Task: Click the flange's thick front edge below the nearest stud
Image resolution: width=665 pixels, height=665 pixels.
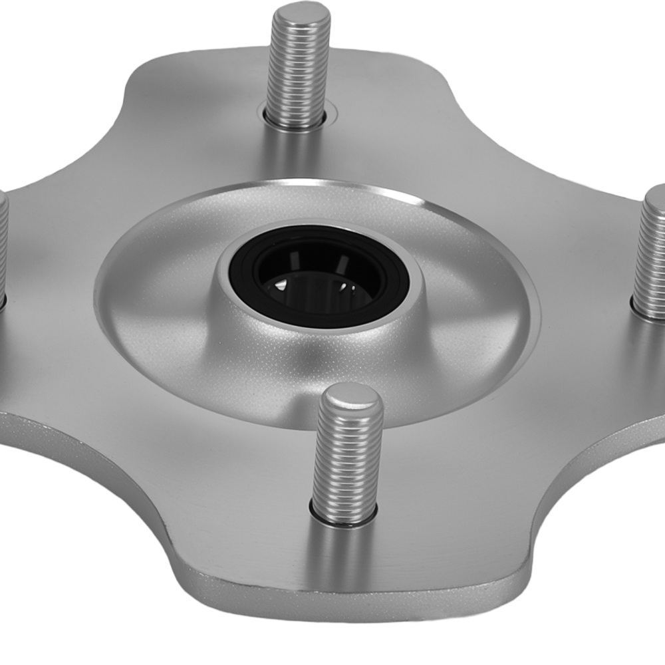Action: (x=346, y=598)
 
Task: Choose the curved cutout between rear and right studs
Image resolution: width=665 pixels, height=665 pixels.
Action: (x=505, y=113)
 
